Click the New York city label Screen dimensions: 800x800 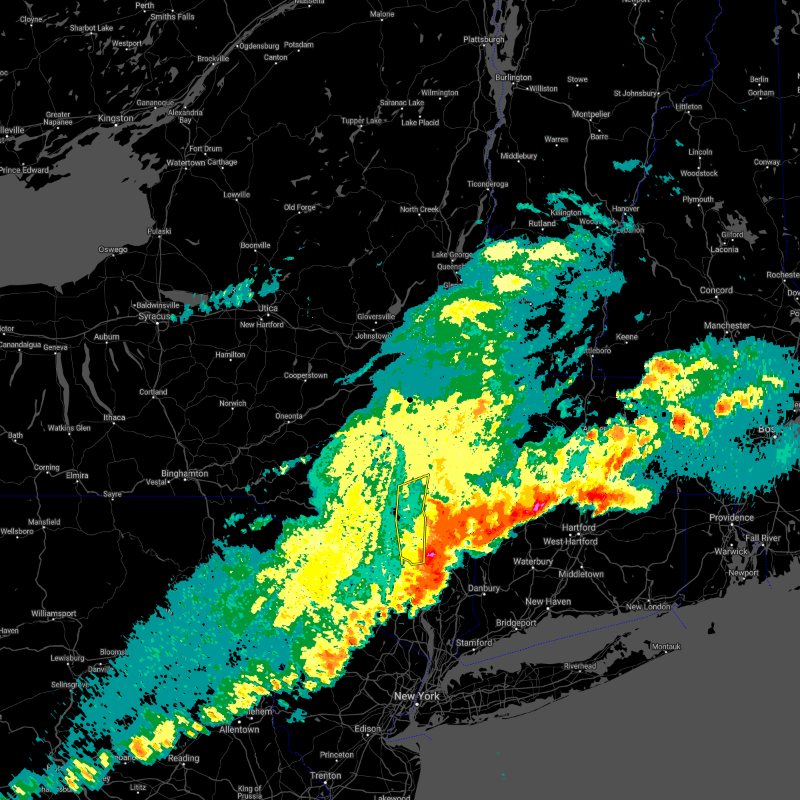click(x=417, y=696)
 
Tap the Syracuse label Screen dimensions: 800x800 click(x=154, y=316)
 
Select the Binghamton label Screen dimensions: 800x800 click(x=185, y=474)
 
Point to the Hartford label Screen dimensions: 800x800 click(x=579, y=527)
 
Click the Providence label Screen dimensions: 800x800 click(x=731, y=518)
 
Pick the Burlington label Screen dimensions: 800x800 click(x=513, y=78)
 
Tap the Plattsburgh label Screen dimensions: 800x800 click(x=484, y=40)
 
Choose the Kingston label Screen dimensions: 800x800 click(x=115, y=119)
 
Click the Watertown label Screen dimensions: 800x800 click(x=186, y=163)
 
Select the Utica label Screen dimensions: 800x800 click(x=268, y=309)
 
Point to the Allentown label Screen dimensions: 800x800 click(x=239, y=729)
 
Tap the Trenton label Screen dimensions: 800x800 click(x=326, y=776)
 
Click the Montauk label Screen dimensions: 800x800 click(x=666, y=647)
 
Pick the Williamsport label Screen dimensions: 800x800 click(x=54, y=614)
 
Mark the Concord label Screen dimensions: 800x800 click(x=716, y=291)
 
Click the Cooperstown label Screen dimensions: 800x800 click(x=305, y=376)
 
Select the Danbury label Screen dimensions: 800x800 click(x=484, y=589)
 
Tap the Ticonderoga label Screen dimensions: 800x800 click(x=487, y=185)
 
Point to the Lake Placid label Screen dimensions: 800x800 click(x=420, y=123)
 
